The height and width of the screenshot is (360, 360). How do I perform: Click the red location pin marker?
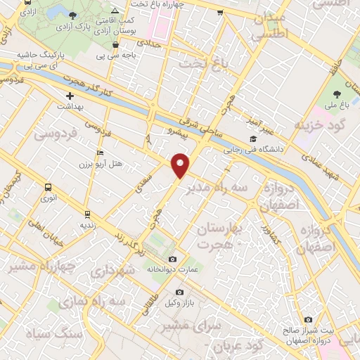(x=181, y=165)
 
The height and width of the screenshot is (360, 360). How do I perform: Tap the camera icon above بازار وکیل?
(x=179, y=292)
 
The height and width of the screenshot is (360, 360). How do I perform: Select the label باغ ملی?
(x=337, y=106)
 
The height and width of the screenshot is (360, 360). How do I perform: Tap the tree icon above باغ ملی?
(x=337, y=94)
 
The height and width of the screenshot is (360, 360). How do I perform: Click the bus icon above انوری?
(x=49, y=188)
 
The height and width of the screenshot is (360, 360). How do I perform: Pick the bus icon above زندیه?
(x=87, y=214)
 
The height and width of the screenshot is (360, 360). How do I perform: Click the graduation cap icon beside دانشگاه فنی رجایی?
(x=252, y=139)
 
